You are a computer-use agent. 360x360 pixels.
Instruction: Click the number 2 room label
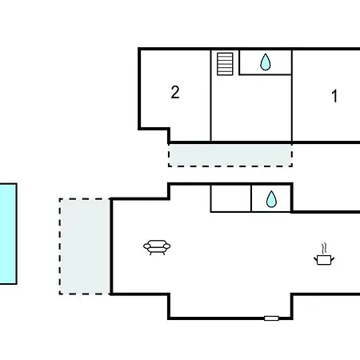pos(175,92)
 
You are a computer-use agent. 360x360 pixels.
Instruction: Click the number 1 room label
pos(334,96)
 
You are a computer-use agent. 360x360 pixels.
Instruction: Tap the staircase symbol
pos(225,64)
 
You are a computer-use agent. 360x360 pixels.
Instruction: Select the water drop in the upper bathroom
pos(266,62)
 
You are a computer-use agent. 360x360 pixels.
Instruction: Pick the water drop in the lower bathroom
pos(271,199)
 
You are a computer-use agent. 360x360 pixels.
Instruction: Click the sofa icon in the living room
pos(157,247)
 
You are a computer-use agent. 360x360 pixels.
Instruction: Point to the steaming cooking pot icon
pos(324,254)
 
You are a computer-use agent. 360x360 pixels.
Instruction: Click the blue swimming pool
pos(8,234)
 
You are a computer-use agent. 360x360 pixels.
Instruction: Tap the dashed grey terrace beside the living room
pos(85,246)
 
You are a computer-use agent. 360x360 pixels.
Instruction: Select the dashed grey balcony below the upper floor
pos(230,155)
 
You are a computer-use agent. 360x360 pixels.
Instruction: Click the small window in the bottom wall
pos(271,318)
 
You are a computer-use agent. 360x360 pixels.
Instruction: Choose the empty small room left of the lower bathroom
pos(230,198)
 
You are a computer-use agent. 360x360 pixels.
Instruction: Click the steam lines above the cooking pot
pos(324,248)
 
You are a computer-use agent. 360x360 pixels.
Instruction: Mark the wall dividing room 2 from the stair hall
pos(210,95)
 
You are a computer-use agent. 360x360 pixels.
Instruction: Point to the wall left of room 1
pos(292,95)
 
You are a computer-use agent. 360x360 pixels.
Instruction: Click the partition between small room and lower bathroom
pos(251,198)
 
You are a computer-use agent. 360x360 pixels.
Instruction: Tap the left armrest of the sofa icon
pos(147,246)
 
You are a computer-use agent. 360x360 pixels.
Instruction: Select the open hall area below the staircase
pos(251,108)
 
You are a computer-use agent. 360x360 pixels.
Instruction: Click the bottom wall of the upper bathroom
pos(266,74)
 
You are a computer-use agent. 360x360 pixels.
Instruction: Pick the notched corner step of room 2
pos(169,130)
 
